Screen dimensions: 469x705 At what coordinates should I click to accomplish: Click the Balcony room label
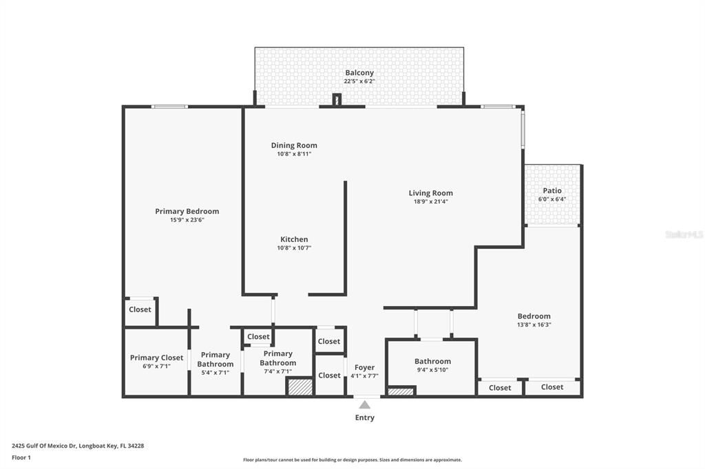(359, 73)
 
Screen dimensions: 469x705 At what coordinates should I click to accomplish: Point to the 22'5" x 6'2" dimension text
(359, 81)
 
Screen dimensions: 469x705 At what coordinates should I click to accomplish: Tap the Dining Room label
(294, 145)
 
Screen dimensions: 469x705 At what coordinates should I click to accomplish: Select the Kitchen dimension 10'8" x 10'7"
(294, 248)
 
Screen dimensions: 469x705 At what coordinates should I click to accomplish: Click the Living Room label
(431, 193)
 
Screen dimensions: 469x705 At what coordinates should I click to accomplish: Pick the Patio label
(552, 190)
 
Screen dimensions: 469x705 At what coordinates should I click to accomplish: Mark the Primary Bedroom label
(187, 211)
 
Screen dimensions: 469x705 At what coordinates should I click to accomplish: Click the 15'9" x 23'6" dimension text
(187, 220)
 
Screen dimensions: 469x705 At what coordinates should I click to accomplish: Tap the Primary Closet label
(157, 358)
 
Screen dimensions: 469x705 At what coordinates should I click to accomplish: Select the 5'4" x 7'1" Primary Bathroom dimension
(215, 373)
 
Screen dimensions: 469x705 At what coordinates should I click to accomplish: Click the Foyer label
(365, 367)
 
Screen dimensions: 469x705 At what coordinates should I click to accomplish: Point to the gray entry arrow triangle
(365, 404)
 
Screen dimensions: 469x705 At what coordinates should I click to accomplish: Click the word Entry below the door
(365, 417)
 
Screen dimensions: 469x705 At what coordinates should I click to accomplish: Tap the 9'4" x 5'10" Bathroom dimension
(432, 370)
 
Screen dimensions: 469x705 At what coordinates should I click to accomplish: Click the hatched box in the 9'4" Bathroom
(401, 391)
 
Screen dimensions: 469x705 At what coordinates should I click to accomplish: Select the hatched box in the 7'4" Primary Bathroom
(300, 387)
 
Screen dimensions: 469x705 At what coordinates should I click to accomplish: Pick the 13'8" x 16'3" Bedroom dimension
(534, 325)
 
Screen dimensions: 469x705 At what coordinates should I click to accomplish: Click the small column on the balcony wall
(337, 100)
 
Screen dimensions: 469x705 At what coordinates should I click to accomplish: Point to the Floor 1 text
(21, 457)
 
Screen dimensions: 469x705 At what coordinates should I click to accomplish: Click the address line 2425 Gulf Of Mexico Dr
(78, 446)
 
